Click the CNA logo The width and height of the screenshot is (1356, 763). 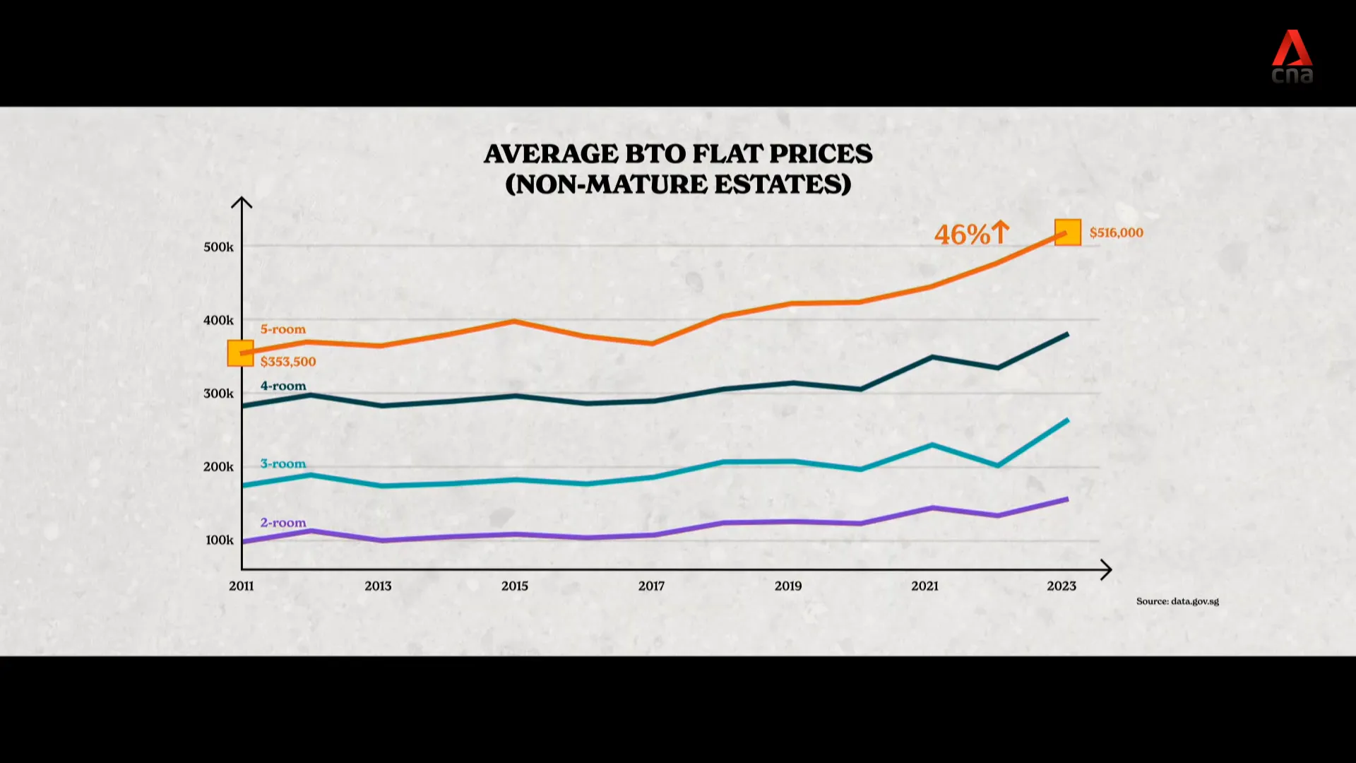[1292, 57]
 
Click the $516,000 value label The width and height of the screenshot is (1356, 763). [1116, 232]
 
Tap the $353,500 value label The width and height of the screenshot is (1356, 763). [288, 362]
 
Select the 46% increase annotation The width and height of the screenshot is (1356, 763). [971, 234]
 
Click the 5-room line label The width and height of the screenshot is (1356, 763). [283, 329]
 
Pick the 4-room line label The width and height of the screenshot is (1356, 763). [283, 386]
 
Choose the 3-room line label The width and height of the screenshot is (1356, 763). [283, 463]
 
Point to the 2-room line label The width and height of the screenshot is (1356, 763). [283, 523]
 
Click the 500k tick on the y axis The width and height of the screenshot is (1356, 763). [218, 247]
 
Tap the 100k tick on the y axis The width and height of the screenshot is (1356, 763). [219, 540]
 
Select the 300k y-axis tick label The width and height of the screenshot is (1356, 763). [218, 394]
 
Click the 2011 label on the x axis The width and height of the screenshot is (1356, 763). [242, 586]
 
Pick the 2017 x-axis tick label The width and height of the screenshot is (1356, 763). [651, 586]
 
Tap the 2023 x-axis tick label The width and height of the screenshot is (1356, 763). [1061, 586]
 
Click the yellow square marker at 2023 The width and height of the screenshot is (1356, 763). [1068, 232]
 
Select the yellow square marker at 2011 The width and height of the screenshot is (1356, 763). [240, 353]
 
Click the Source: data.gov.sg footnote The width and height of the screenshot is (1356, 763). [1177, 601]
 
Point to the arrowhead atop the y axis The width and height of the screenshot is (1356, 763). [242, 202]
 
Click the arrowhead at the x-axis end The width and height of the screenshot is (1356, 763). [1107, 569]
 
